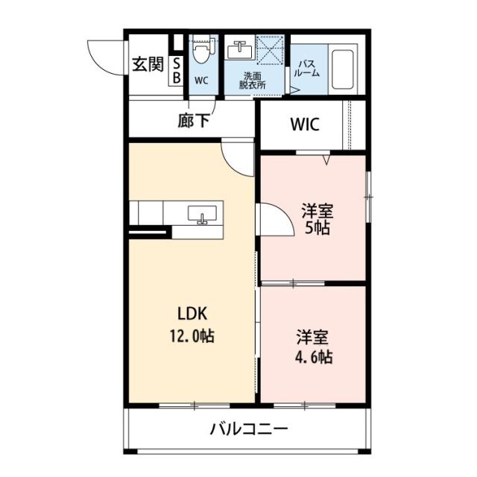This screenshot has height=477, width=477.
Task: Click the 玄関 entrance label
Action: pyautogui.click(x=148, y=65)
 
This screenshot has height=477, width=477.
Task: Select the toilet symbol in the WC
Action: pyautogui.click(x=200, y=54)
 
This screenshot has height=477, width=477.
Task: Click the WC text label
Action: pyautogui.click(x=201, y=79)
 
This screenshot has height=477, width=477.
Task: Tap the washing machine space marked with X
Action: pyautogui.click(x=271, y=50)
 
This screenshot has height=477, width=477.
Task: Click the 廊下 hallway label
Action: pyautogui.click(x=194, y=121)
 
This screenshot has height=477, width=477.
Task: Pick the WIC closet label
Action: pyautogui.click(x=304, y=124)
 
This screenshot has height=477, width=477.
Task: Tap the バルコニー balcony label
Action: pyautogui.click(x=248, y=429)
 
